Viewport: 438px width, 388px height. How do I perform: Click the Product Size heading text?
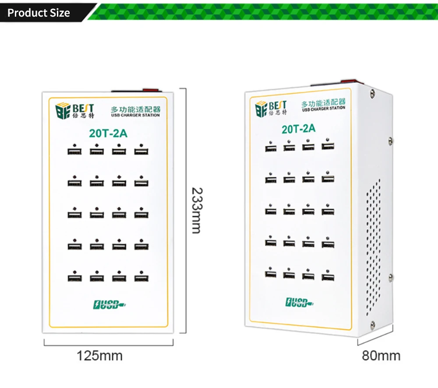click(x=39, y=13)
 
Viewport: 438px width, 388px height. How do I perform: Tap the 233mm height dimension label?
click(x=197, y=211)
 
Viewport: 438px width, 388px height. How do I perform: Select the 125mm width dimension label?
click(x=100, y=356)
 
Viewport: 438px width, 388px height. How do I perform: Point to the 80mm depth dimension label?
click(x=381, y=356)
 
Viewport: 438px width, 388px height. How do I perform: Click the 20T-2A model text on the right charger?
click(x=298, y=129)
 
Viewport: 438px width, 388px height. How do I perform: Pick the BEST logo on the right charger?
click(x=271, y=107)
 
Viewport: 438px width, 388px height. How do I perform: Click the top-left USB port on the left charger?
click(x=74, y=152)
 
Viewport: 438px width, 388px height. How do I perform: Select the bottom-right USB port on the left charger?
click(x=141, y=278)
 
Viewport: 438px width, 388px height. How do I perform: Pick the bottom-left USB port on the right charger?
click(x=270, y=274)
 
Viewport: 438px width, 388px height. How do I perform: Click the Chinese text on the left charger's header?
click(x=135, y=109)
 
